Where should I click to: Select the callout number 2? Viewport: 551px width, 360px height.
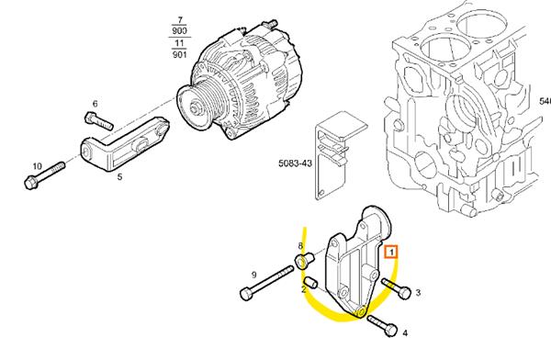point(303,288)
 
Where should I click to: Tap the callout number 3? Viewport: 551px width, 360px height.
point(418,293)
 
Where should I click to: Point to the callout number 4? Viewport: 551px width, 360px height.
point(405,334)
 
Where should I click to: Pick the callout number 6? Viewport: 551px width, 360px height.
point(94,104)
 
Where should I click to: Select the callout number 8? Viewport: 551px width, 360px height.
point(298,248)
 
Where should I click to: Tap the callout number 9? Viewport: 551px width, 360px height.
point(253,275)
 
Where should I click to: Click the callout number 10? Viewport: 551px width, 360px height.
point(37,166)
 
